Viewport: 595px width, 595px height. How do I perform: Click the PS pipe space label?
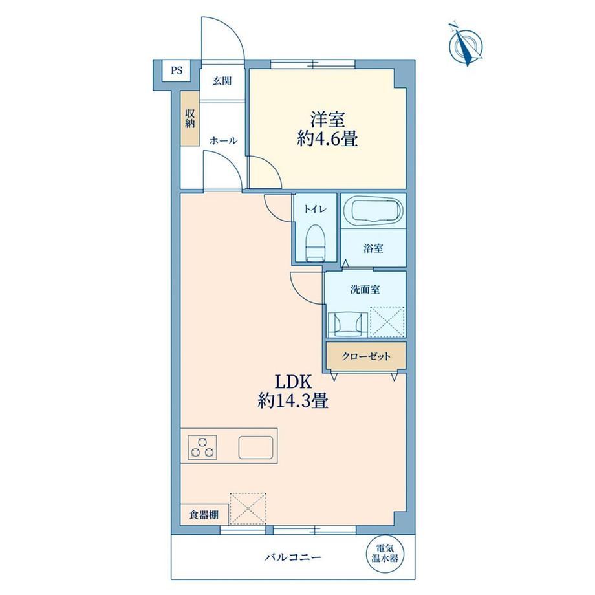pyautogui.click(x=177, y=70)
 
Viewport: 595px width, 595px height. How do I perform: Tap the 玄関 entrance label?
pyautogui.click(x=222, y=81)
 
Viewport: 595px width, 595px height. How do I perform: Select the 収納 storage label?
pyautogui.click(x=189, y=118)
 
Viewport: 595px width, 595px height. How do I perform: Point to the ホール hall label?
pyautogui.click(x=224, y=141)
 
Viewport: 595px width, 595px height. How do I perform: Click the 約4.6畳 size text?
pyautogui.click(x=327, y=139)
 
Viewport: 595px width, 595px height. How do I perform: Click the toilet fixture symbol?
pyautogui.click(x=315, y=243)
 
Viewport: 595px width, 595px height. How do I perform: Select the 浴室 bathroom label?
pyautogui.click(x=373, y=248)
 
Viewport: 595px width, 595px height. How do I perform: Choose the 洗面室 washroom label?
pyautogui.click(x=365, y=290)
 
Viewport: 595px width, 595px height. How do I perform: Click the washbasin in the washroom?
pyautogui.click(x=348, y=325)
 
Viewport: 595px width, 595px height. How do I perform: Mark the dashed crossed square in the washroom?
pyautogui.click(x=387, y=321)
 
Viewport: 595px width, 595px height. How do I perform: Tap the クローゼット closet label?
pyautogui.click(x=366, y=356)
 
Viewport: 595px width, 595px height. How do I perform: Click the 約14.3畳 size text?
pyautogui.click(x=292, y=401)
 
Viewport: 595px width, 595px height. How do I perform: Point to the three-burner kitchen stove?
pyautogui.click(x=202, y=447)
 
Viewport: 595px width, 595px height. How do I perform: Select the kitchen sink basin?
pyautogui.click(x=255, y=448)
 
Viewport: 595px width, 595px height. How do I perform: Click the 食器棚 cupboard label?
pyautogui.click(x=204, y=515)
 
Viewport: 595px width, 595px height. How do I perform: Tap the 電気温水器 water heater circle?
pyautogui.click(x=384, y=554)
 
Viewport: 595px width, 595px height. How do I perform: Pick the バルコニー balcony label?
pyautogui.click(x=293, y=557)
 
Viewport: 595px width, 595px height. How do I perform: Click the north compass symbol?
pyautogui.click(x=465, y=45)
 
